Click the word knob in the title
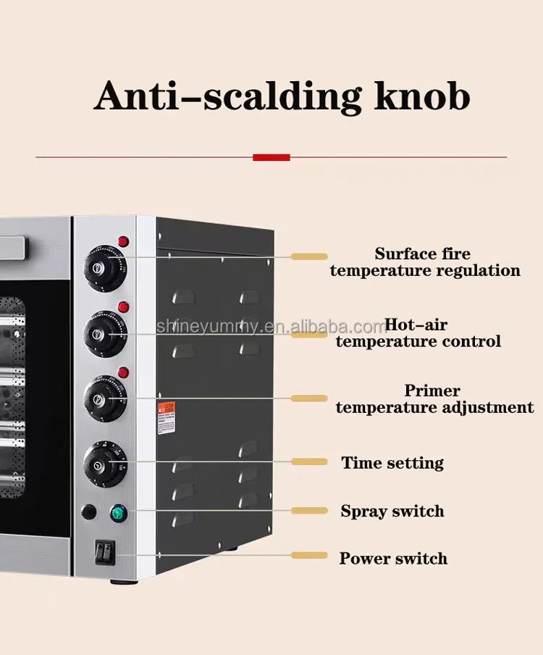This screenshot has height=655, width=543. pos(422,96)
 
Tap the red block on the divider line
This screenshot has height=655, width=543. pos(271,157)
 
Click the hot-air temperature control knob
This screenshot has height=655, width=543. pos(104,333)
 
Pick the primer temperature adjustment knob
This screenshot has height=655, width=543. pos(103,396)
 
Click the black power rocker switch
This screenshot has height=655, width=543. pos(104,554)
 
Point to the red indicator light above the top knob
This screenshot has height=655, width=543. pos(124,241)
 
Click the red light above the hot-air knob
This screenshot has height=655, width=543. pos(124,307)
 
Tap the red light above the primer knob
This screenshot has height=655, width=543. pos(124,372)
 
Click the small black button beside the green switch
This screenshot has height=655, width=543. pos(88,512)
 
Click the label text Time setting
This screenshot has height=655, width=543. pos(392,463)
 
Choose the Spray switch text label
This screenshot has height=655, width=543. pos(392,511)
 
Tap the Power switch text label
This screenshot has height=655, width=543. pos(393,559)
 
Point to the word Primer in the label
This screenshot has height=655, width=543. pos(432,391)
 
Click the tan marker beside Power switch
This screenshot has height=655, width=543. pos(309,555)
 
